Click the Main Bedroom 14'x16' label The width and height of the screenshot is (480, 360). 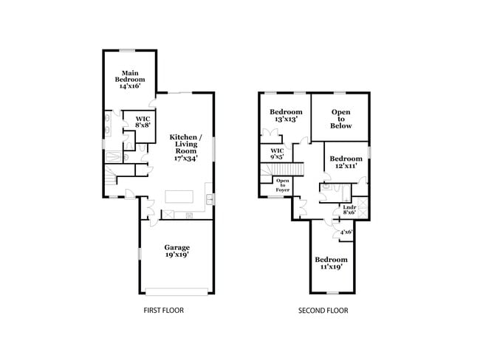(x=129, y=79)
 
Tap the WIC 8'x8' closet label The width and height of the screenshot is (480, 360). (x=143, y=122)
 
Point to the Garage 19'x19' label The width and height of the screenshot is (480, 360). (x=176, y=251)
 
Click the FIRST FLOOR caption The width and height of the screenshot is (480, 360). (x=163, y=311)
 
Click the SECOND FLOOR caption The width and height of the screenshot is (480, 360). (x=323, y=311)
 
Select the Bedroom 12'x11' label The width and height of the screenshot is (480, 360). (x=346, y=162)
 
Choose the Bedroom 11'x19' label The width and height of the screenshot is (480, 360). (x=331, y=263)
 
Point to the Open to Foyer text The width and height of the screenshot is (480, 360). (x=282, y=184)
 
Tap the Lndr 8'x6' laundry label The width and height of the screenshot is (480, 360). (x=349, y=210)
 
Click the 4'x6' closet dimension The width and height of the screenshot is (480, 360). (x=346, y=232)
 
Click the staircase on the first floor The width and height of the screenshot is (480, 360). (x=111, y=178)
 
